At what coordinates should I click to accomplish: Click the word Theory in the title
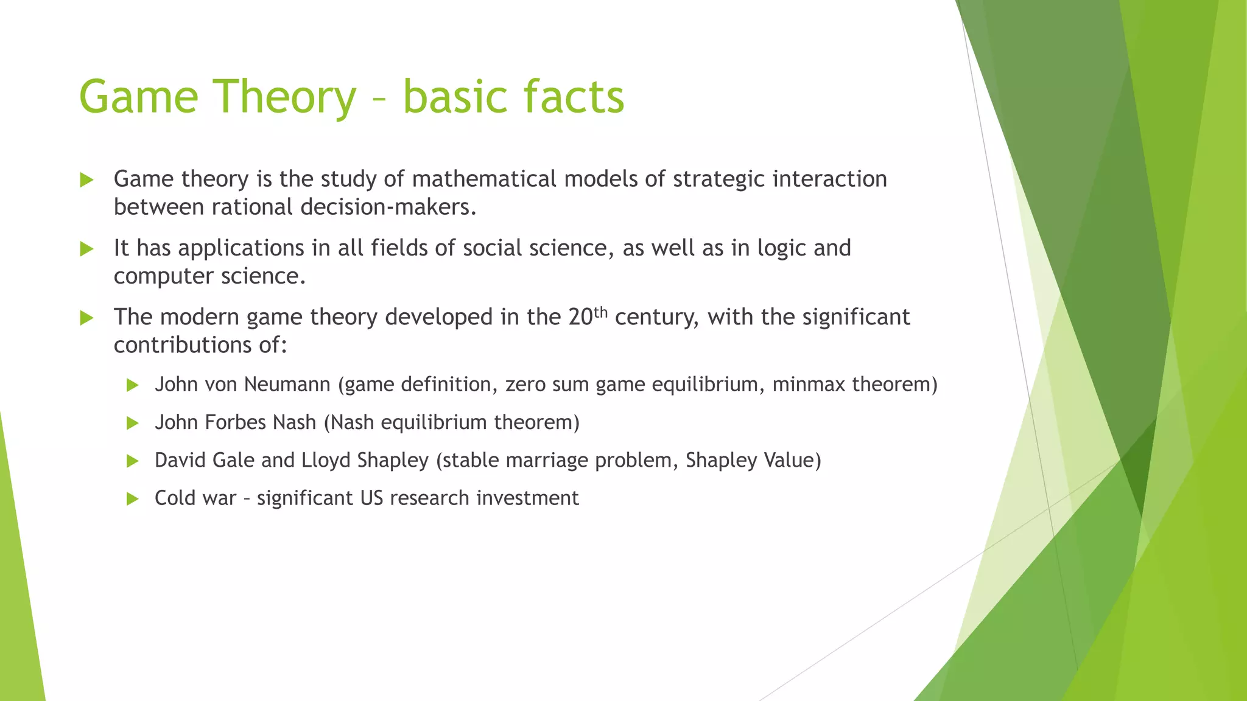[285, 97]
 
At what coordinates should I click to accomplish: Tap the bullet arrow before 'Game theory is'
[86, 180]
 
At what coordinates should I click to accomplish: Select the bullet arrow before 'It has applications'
[86, 249]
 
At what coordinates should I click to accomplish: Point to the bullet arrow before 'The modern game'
[86, 318]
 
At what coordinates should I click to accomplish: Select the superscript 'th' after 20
[600, 312]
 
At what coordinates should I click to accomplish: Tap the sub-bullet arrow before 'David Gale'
[133, 461]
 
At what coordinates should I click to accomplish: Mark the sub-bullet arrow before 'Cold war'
[133, 499]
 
